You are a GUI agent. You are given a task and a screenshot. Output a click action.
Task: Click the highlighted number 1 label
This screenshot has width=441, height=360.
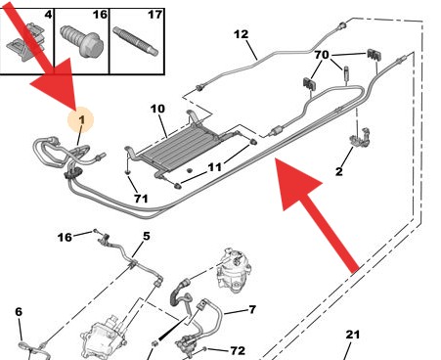pos(81,119)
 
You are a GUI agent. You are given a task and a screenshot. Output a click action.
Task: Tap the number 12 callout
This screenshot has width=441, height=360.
pos(241,34)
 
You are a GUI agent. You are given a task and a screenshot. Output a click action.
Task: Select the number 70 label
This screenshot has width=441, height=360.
pos(322,55)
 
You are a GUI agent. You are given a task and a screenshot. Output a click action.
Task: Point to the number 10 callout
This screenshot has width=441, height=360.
pos(157,109)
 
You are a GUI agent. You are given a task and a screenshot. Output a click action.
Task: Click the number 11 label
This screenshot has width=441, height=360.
pos(214,167)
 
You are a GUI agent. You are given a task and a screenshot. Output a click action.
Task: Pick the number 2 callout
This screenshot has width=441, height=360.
pos(339,171)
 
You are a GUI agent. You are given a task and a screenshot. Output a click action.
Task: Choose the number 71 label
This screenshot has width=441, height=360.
pos(141,199)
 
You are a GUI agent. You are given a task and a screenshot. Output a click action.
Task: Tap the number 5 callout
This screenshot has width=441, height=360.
pos(147,236)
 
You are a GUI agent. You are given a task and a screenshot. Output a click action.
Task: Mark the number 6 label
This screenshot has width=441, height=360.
pos(19,312)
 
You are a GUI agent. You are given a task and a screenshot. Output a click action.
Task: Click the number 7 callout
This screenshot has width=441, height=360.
pos(252,309)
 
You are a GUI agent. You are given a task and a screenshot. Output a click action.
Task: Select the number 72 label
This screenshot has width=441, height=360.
pos(238,350)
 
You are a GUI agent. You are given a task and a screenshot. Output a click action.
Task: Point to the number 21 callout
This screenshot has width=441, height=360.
pos(352,335)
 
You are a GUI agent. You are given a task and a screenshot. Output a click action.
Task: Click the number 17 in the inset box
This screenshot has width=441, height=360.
pos(154,15)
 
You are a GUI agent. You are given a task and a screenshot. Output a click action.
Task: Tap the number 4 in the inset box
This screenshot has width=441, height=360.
pos(48,15)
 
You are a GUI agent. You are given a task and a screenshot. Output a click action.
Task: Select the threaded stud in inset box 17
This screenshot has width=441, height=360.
pos(135,41)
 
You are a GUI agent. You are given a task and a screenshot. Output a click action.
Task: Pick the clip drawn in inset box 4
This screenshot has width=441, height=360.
pos(26,42)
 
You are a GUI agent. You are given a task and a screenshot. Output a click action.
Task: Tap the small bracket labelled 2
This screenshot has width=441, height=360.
pos(360,137)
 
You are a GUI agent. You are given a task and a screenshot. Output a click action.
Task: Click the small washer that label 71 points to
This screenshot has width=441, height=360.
pos(128,171)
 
